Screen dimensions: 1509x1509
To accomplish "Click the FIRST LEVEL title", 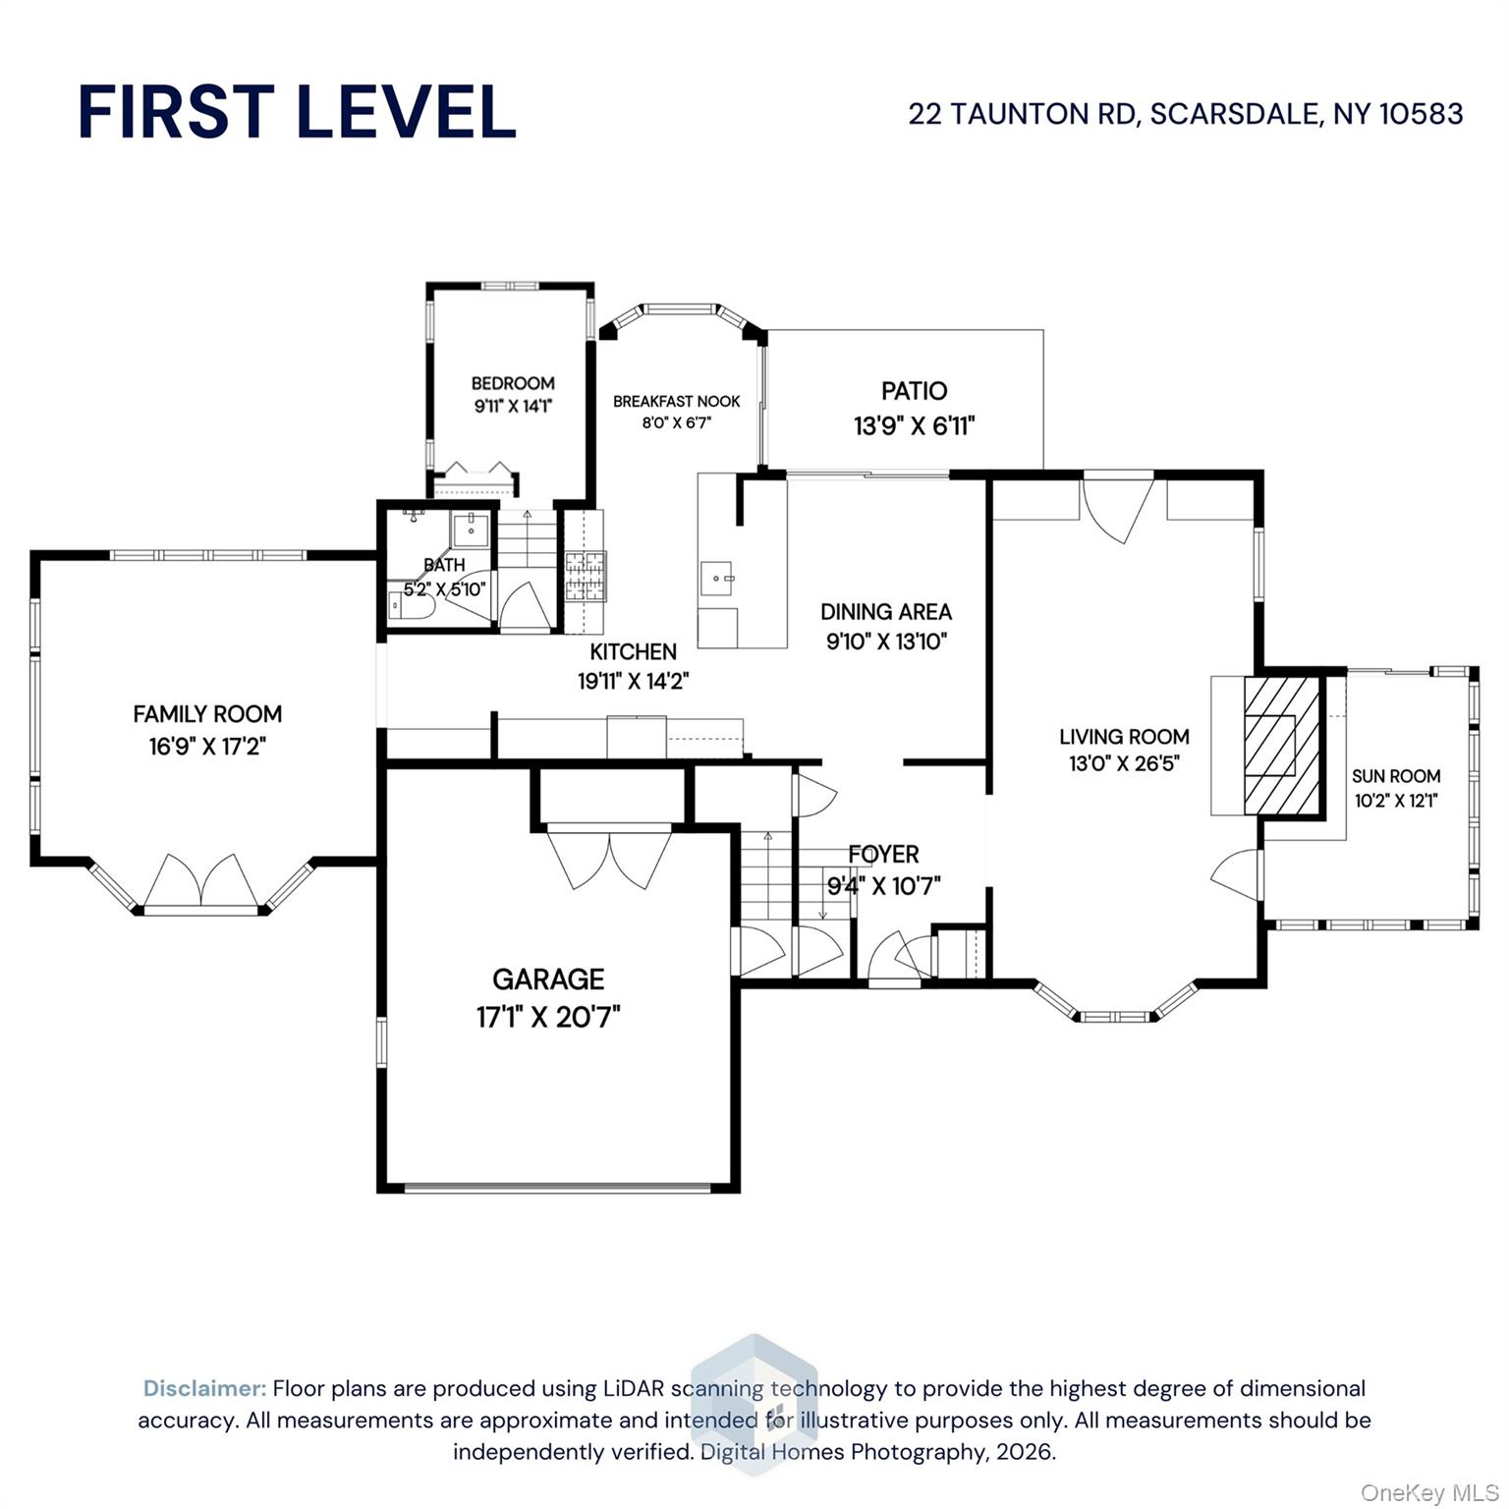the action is tap(297, 111).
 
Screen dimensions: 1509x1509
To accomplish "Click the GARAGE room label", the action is tap(548, 978).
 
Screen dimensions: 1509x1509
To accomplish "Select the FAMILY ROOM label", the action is tap(207, 714).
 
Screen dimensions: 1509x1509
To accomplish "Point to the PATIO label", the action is tap(914, 391).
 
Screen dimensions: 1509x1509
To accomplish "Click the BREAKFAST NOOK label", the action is tap(677, 401).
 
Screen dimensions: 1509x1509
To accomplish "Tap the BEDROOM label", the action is tap(513, 383).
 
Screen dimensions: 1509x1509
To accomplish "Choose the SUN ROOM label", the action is tap(1396, 775).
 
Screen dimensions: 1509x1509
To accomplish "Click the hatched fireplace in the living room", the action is tap(1282, 746).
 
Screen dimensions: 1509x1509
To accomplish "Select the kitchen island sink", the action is tap(716, 579).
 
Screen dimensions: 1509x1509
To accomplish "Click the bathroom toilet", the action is tap(410, 604).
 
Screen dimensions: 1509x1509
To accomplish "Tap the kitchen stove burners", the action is tap(586, 577).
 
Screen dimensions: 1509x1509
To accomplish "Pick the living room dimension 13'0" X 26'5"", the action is tap(1124, 763).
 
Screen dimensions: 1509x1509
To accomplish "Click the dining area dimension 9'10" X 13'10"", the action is tap(886, 642).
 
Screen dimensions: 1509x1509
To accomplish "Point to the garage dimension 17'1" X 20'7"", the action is tap(548, 1017).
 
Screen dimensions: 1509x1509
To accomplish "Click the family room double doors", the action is tap(201, 880).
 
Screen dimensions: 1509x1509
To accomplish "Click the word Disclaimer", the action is tap(204, 1388).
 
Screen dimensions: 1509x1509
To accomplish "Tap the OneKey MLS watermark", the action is tap(1428, 1493).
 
